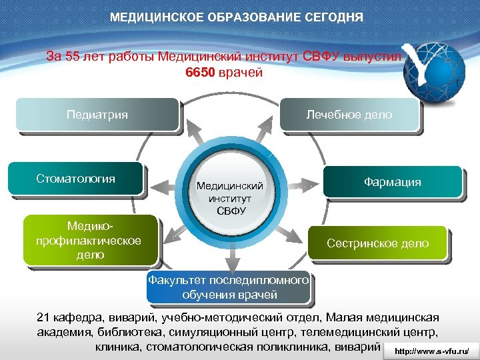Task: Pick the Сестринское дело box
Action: point(377,244)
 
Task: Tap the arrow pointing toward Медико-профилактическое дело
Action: point(173,233)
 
